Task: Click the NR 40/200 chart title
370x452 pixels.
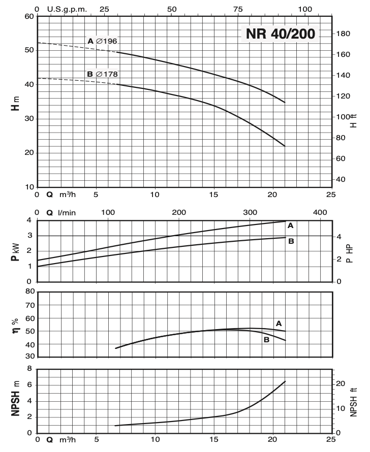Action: click(x=281, y=34)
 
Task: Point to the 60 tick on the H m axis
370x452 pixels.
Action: click(x=28, y=16)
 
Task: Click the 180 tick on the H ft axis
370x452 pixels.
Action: click(x=343, y=34)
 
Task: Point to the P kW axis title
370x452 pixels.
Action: click(x=17, y=250)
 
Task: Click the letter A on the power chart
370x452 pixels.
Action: click(x=290, y=225)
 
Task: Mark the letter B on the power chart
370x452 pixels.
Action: click(x=291, y=241)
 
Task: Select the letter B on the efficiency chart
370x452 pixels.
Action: click(x=266, y=340)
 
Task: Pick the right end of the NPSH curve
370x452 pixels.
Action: click(x=285, y=381)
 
